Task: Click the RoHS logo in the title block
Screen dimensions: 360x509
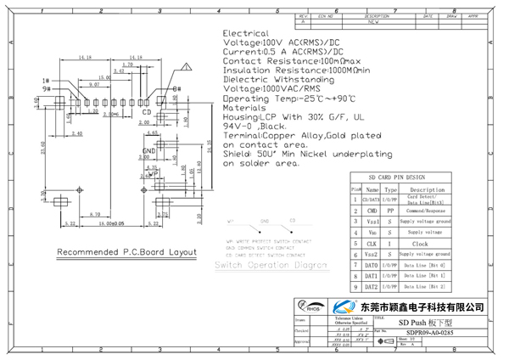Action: pos(307,307)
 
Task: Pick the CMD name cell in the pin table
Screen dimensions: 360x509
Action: pos(372,210)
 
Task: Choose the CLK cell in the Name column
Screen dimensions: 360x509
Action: pos(372,243)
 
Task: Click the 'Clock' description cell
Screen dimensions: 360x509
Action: pos(426,243)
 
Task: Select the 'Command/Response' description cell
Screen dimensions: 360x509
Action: pos(426,210)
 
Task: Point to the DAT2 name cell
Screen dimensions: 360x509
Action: pos(372,287)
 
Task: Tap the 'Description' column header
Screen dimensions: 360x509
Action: pos(426,189)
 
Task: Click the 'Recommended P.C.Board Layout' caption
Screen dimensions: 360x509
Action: pos(126,253)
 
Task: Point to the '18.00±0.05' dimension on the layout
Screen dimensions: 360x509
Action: pos(106,224)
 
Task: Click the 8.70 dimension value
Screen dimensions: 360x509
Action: pos(94,215)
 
